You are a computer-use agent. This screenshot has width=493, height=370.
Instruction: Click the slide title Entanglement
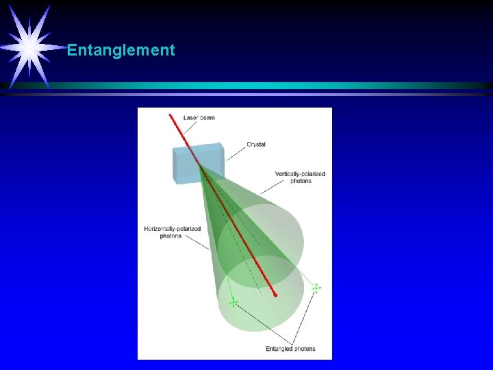click(x=121, y=51)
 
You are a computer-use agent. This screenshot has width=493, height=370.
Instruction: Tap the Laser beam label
click(x=199, y=118)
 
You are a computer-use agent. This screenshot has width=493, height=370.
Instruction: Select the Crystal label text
click(x=256, y=145)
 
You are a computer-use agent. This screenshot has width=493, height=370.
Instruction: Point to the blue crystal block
click(x=197, y=164)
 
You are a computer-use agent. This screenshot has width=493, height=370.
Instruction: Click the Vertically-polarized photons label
click(x=299, y=177)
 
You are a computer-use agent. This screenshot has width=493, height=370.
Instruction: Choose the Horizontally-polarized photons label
click(x=171, y=232)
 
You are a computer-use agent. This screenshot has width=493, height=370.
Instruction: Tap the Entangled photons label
click(x=290, y=349)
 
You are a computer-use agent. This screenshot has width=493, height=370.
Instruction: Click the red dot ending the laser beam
click(x=275, y=295)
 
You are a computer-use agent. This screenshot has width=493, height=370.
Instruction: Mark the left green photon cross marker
click(x=233, y=301)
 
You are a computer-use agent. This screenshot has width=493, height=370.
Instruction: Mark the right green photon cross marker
click(x=316, y=288)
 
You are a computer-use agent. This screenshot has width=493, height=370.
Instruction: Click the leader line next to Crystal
click(x=235, y=151)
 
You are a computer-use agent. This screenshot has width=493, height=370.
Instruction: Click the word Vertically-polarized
click(x=299, y=174)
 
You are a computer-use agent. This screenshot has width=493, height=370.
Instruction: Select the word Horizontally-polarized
click(x=171, y=228)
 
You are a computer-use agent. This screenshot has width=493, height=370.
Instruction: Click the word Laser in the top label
click(x=190, y=118)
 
